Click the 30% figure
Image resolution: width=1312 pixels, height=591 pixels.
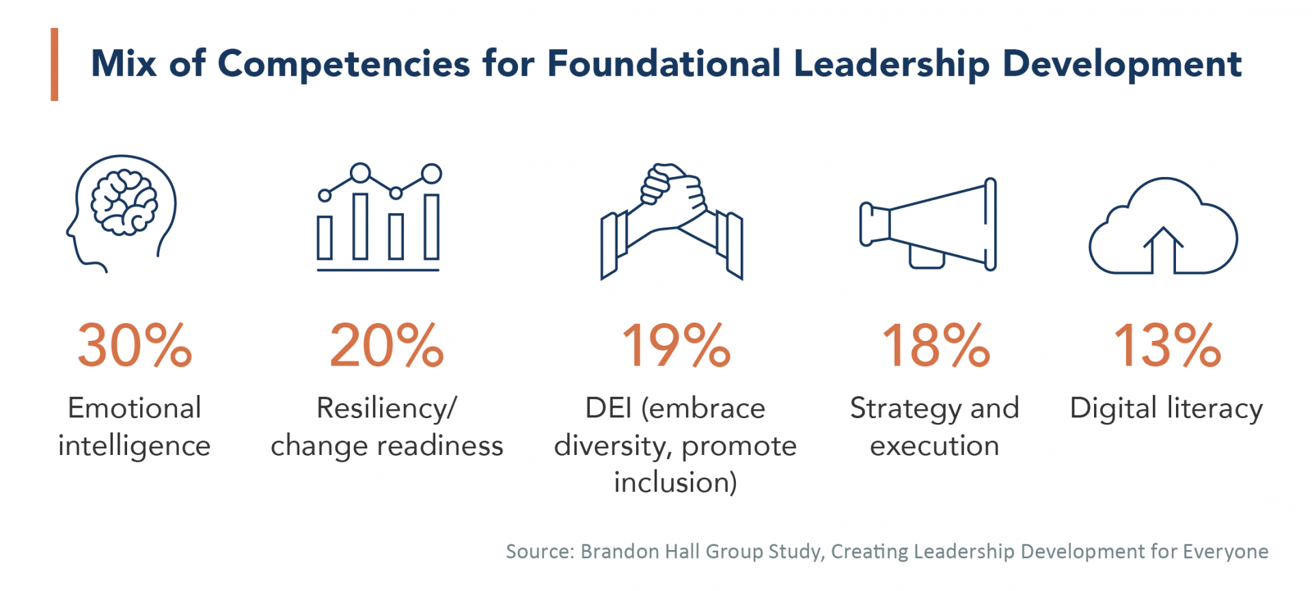[x=135, y=346]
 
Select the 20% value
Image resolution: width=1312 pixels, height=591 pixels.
[x=387, y=346]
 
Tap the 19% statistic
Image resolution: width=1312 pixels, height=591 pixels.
[x=676, y=346]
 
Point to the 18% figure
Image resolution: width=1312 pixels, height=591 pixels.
[x=935, y=346]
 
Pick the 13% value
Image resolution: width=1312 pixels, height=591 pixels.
[x=1167, y=346]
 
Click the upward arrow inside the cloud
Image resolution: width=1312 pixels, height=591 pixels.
[x=1163, y=249]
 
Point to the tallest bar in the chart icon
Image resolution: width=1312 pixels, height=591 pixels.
[x=431, y=227]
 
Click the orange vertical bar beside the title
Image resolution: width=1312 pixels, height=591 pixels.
[x=55, y=65]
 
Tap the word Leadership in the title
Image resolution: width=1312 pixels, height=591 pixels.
[x=891, y=64]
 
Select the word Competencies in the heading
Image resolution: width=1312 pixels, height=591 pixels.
[x=344, y=64]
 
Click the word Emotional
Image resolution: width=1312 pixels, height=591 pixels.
[x=135, y=409]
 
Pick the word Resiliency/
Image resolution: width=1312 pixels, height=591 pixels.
[x=387, y=409]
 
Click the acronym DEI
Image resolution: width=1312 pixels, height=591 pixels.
[x=608, y=409]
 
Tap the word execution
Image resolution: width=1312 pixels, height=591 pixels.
[x=934, y=446]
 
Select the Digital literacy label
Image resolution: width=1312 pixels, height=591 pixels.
[x=1166, y=409]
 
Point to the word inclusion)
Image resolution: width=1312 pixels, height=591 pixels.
[x=675, y=482]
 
